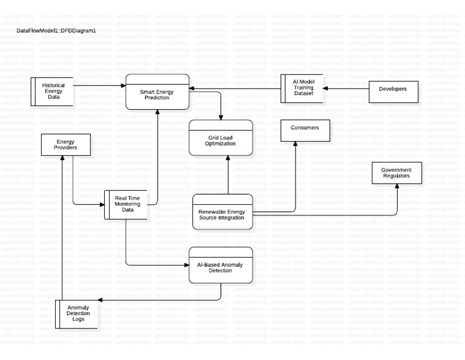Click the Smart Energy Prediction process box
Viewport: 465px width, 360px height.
tap(157, 92)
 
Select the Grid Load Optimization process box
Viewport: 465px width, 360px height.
tap(220, 138)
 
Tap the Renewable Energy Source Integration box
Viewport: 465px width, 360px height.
tap(222, 212)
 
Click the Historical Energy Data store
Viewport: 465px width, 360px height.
tap(53, 92)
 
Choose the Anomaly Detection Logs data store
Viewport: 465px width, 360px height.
tap(77, 314)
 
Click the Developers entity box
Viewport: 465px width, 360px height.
tap(393, 89)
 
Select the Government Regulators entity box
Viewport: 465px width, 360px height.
tap(397, 173)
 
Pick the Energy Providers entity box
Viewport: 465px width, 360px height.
tap(66, 145)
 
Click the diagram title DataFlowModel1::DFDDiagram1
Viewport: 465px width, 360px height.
tap(56, 30)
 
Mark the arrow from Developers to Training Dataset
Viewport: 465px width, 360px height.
tap(345, 89)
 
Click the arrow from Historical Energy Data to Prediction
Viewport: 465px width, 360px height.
tap(100, 85)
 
